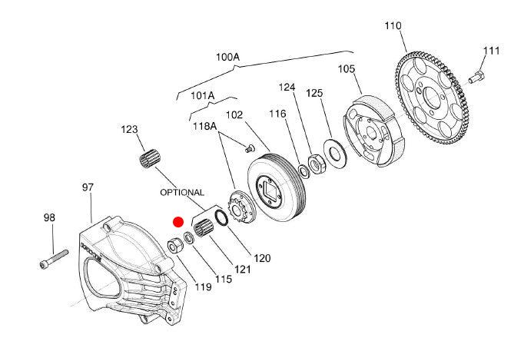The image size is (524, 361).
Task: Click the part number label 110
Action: (x=393, y=25)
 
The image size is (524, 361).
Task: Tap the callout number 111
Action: (x=491, y=51)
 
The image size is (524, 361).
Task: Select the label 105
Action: (x=347, y=69)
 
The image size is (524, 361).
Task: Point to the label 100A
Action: (x=227, y=57)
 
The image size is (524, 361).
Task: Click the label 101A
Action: (x=203, y=96)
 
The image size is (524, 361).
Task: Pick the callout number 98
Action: (x=49, y=218)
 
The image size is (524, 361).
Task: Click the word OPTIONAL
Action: (x=182, y=192)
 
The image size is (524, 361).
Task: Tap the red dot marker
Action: (x=178, y=222)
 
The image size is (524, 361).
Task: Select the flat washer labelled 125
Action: (x=336, y=151)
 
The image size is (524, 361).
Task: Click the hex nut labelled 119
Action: (x=175, y=247)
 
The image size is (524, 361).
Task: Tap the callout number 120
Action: (x=262, y=258)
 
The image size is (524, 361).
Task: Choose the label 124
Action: (x=287, y=88)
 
